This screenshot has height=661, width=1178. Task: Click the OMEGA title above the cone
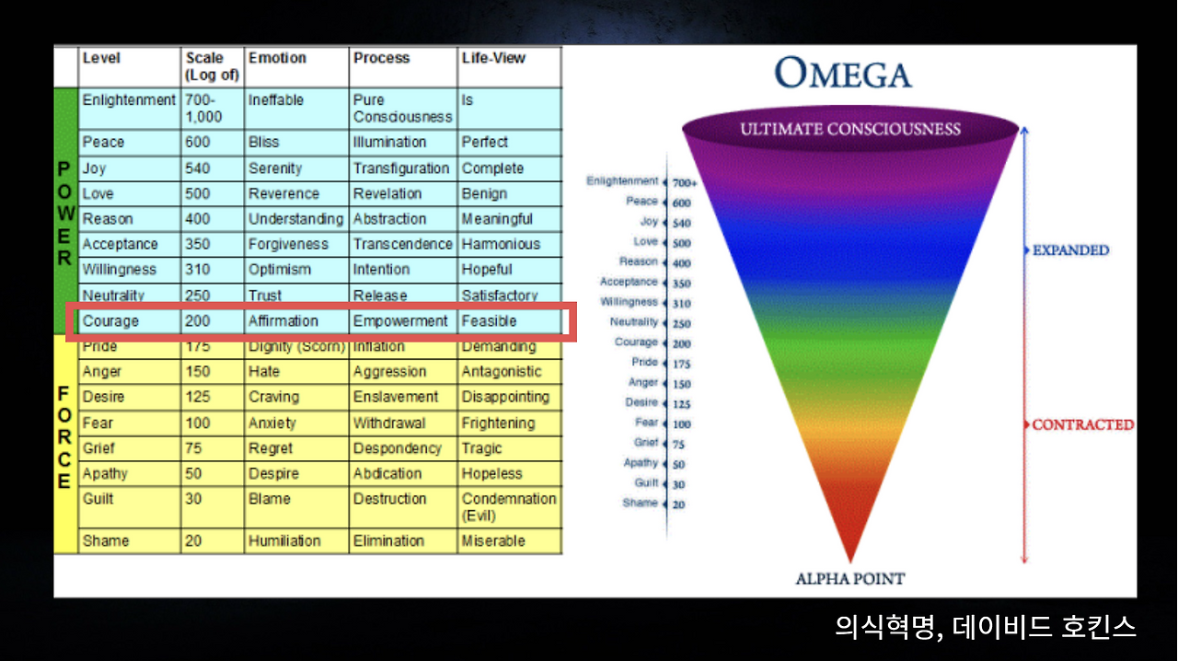(x=843, y=73)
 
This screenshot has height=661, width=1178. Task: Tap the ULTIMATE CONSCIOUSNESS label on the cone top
(x=850, y=129)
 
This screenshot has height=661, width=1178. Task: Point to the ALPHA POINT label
(x=850, y=579)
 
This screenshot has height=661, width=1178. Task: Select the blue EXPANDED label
(x=1070, y=250)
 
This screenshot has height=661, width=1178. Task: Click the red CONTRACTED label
(x=1083, y=424)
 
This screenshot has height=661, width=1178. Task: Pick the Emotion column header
(x=277, y=58)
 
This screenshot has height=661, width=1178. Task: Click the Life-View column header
(x=493, y=58)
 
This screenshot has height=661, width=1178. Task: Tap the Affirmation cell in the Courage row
(x=283, y=321)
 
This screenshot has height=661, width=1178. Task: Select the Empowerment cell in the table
(x=400, y=321)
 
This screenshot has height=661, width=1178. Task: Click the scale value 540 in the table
(x=197, y=168)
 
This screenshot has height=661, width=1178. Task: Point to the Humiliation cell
(x=284, y=541)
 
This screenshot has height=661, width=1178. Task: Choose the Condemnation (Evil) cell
(x=509, y=507)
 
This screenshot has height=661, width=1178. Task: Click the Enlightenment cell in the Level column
(x=129, y=100)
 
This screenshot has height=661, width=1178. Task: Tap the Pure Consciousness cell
(x=402, y=109)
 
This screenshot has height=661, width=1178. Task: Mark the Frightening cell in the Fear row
(x=498, y=423)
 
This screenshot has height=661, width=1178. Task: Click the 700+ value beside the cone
(x=684, y=183)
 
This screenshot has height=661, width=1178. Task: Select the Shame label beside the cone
(x=640, y=503)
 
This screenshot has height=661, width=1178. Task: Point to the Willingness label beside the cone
(x=629, y=302)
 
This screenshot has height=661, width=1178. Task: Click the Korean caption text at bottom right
(x=985, y=627)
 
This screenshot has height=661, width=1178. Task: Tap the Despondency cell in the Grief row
(x=397, y=448)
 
